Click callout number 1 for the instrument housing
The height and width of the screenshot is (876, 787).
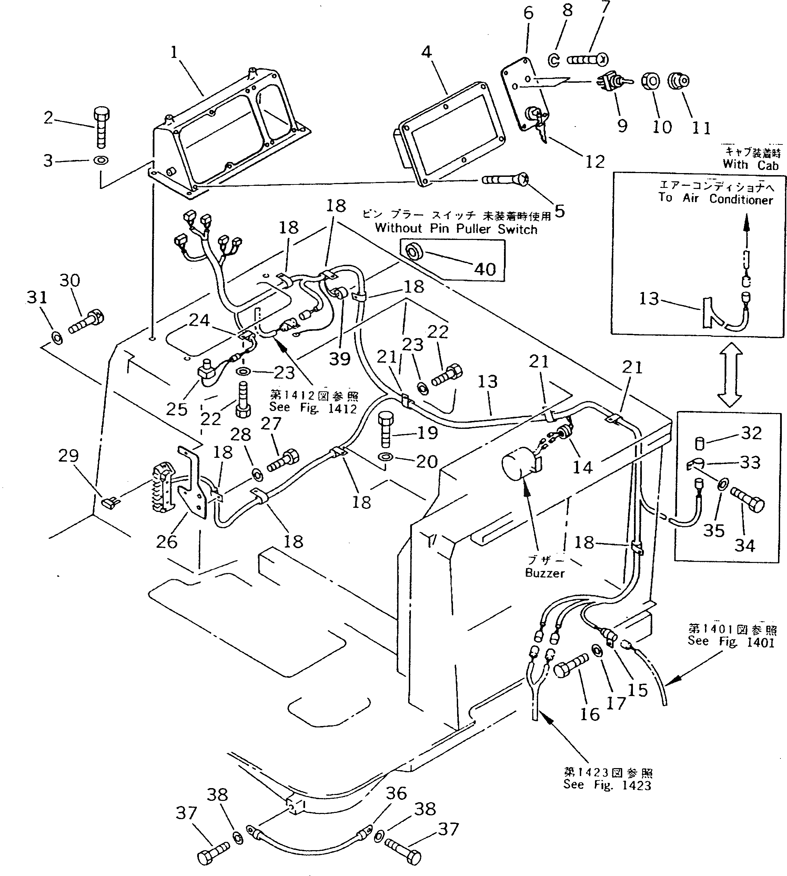click(x=174, y=53)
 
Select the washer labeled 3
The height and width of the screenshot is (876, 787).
click(x=101, y=160)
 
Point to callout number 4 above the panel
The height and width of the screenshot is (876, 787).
click(x=426, y=52)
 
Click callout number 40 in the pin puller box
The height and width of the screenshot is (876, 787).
click(x=485, y=269)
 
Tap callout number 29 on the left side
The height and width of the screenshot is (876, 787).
click(x=68, y=456)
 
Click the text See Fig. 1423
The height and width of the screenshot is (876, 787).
click(x=607, y=785)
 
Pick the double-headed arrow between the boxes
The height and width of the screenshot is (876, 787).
click(x=729, y=374)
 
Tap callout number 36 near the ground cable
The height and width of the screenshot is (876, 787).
click(x=396, y=793)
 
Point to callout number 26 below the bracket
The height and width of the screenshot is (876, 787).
click(x=167, y=541)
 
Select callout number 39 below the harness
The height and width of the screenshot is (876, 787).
click(x=340, y=359)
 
